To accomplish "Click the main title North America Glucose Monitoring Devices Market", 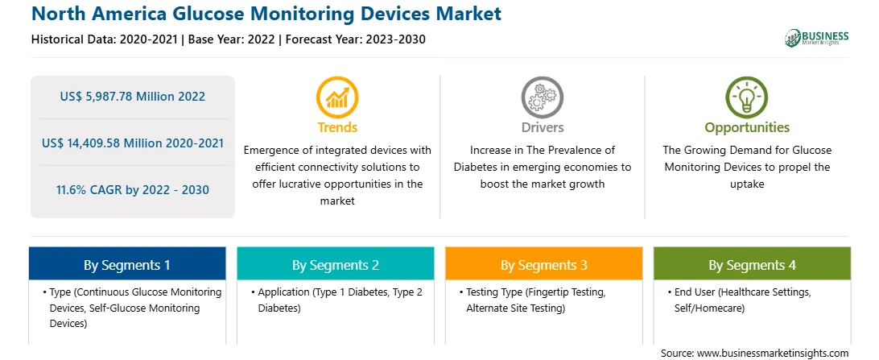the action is pos(266,14).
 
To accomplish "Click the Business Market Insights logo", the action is pos(817,38).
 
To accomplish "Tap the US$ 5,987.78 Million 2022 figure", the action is pos(132,97).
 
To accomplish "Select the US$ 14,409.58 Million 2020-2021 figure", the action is pos(132,143).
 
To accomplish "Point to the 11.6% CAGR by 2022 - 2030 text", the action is pos(132,189).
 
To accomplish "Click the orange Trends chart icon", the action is pos(337,97).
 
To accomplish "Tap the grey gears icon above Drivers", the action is pos(542,97).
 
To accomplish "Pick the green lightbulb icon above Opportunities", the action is pos(747,97).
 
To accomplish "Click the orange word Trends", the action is pos(337,127).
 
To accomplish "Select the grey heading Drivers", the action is pos(542,127).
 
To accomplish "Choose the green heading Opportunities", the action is pos(747,128).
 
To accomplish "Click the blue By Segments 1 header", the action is pos(127,263).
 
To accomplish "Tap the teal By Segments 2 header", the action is pos(335,263).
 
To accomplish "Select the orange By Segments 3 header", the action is pos(544,263).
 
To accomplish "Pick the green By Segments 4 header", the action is pos(753,263).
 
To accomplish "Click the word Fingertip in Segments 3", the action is pos(552,292).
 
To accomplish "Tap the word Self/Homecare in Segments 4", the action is pos(709,308).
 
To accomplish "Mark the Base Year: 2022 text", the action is pos(232,39).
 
